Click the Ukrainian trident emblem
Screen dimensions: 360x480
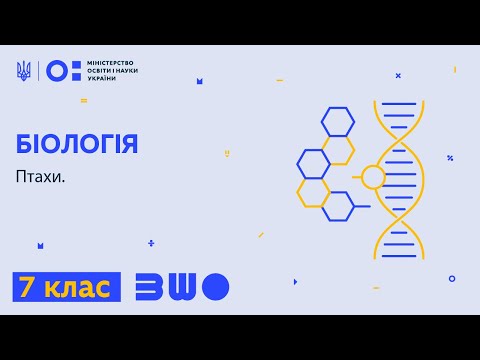(24, 70)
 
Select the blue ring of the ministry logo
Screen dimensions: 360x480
(57, 70)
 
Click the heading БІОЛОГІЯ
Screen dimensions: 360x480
(77, 144)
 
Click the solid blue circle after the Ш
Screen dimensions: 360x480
(216, 287)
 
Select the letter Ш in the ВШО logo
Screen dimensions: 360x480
(183, 287)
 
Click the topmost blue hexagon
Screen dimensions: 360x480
(337, 122)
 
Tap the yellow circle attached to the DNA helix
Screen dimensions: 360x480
(372, 178)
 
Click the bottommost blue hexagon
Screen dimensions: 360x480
(337, 206)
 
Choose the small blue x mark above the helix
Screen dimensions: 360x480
(398, 75)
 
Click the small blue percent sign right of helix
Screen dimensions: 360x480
(450, 158)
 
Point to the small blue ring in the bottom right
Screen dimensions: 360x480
(452, 279)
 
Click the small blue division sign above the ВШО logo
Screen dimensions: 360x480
(151, 242)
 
